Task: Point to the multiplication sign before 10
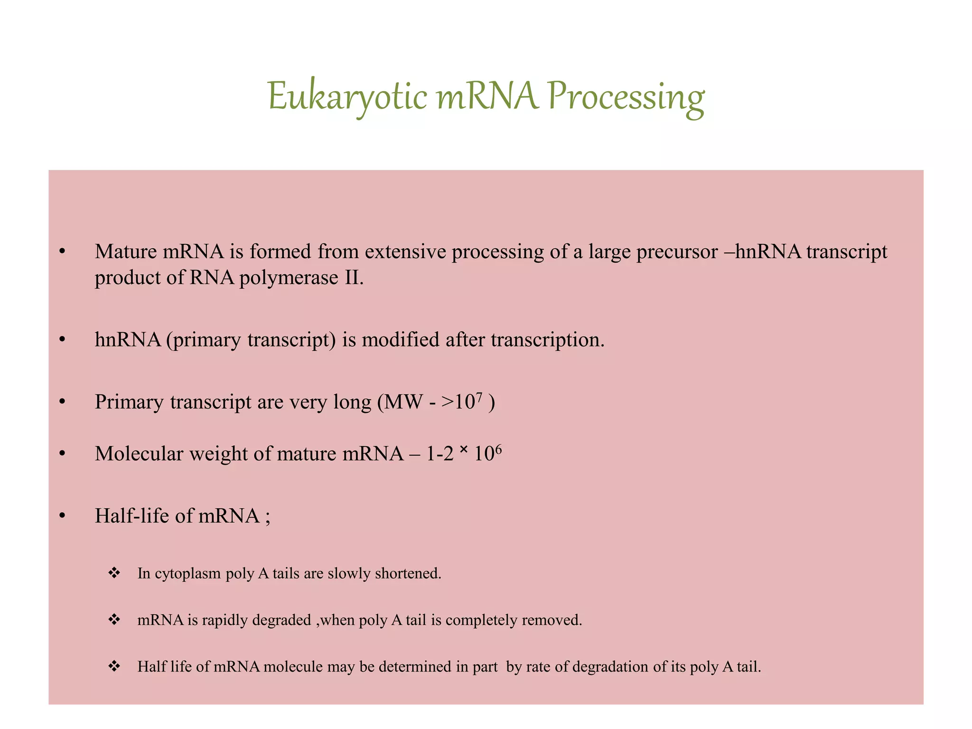coord(464,449)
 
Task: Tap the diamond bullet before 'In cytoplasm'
coord(114,573)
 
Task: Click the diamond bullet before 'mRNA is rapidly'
coord(114,620)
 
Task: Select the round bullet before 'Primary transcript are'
coord(62,402)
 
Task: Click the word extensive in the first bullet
coord(406,252)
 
